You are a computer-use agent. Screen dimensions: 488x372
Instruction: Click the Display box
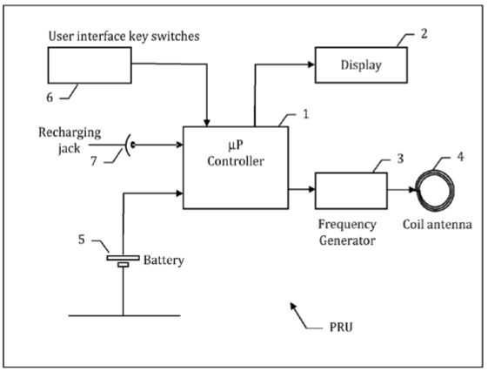coord(361,64)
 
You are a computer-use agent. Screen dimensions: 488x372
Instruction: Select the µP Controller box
coord(236,167)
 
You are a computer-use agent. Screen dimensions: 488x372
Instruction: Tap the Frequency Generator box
coord(351,191)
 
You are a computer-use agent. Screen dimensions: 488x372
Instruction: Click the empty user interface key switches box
coord(90,65)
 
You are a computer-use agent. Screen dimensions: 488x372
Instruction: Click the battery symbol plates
coord(124,261)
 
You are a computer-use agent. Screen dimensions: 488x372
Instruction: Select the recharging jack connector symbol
coord(129,145)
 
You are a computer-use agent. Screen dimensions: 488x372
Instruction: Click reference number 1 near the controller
coord(306,114)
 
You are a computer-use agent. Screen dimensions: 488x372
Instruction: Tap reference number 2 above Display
coord(424,34)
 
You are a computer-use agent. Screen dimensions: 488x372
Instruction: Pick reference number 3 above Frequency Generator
coord(400,159)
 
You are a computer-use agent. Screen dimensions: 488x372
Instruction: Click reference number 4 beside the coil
coord(460,157)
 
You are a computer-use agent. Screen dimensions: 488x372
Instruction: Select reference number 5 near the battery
coord(81,240)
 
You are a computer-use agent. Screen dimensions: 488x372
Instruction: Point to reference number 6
coord(50,98)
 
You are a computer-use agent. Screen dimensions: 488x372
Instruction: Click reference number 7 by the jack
coord(94,161)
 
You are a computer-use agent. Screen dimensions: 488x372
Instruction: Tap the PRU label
coord(341,328)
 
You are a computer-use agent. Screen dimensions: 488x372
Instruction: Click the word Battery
coord(164,260)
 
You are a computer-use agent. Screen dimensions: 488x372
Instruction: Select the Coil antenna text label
coord(438,225)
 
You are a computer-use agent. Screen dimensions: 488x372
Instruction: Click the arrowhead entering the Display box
coord(311,64)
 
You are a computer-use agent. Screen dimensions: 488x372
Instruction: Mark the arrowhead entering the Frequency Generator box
coord(311,189)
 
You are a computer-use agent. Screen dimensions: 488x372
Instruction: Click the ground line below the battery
coord(124,315)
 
